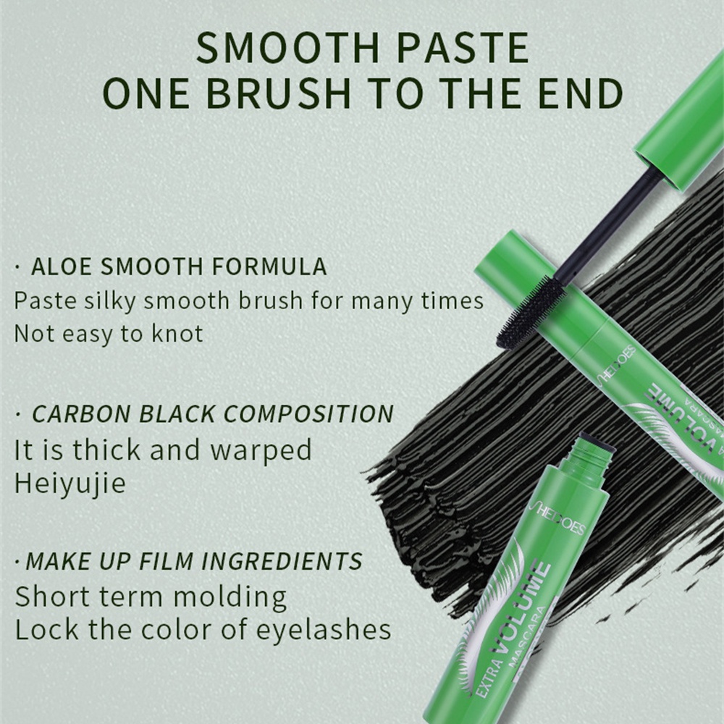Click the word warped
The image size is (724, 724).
point(261,450)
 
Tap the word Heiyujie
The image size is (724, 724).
point(70,484)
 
